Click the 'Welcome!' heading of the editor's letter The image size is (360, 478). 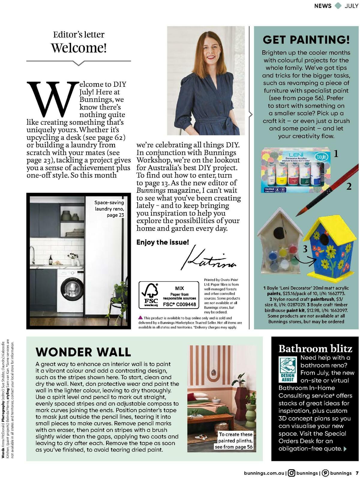click(x=79, y=48)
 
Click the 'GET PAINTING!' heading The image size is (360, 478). click(x=306, y=39)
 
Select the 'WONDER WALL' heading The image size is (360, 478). click(x=83, y=352)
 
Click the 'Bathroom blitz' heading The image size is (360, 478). click(x=315, y=348)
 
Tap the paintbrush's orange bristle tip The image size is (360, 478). click(x=300, y=212)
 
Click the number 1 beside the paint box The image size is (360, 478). click(x=336, y=154)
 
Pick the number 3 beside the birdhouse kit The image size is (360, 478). click(x=305, y=249)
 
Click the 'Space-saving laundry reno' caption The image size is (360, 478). click(x=109, y=209)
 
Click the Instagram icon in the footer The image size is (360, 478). click(x=291, y=473)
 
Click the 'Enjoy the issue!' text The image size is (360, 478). click(x=163, y=242)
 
